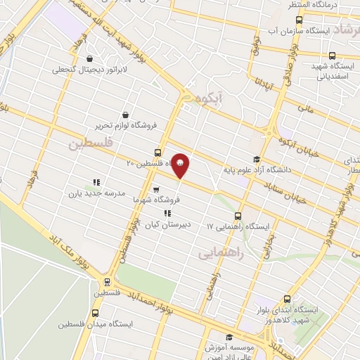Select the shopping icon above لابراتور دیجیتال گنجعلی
[x=89, y=59]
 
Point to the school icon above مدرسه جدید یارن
[x=96, y=181]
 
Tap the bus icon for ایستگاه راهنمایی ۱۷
[x=238, y=216]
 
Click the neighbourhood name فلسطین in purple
[x=90, y=143]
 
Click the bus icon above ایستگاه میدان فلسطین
[x=95, y=313]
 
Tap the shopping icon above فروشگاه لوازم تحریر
[x=125, y=115]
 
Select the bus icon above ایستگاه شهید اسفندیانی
[x=331, y=56]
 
